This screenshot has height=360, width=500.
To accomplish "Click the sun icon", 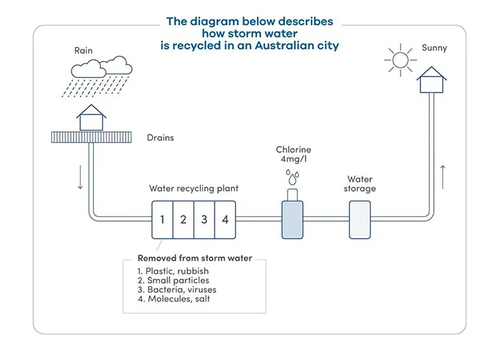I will (399, 59).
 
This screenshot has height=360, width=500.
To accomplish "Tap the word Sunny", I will (434, 48).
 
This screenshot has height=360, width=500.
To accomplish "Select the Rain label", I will (83, 50).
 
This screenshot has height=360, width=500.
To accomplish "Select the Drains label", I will (160, 138).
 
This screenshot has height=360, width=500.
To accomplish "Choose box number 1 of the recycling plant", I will (162, 220).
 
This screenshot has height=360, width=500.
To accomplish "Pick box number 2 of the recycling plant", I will (183, 220).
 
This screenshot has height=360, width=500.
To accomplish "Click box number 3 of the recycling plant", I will (204, 220).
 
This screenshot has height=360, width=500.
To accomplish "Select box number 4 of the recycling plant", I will (225, 220).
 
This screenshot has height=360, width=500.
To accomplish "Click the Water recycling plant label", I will (194, 188).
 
